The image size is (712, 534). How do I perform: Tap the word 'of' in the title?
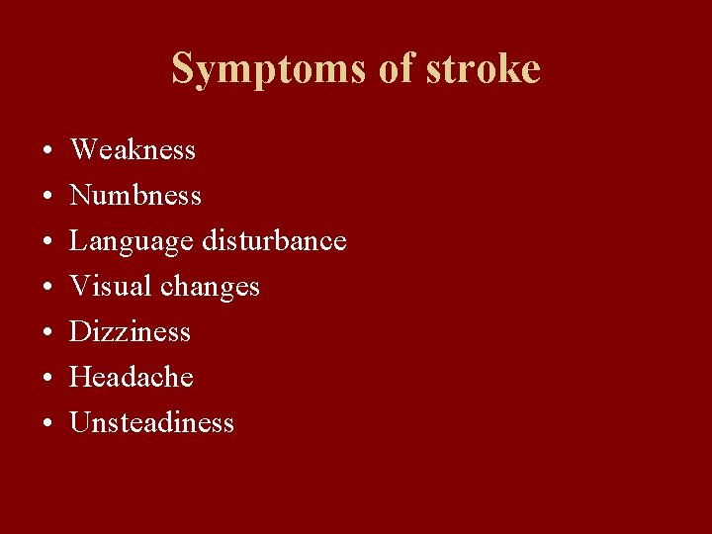point(388,68)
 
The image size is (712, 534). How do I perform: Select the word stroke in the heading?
point(483,68)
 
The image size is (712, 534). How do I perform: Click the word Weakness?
point(133,150)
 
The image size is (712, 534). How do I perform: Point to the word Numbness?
point(135,196)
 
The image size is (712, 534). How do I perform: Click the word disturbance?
point(274,240)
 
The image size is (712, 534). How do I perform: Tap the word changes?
point(210,288)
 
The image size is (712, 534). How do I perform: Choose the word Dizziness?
point(130,331)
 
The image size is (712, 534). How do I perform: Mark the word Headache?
point(132,377)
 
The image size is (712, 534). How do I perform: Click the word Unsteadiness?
point(151,423)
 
